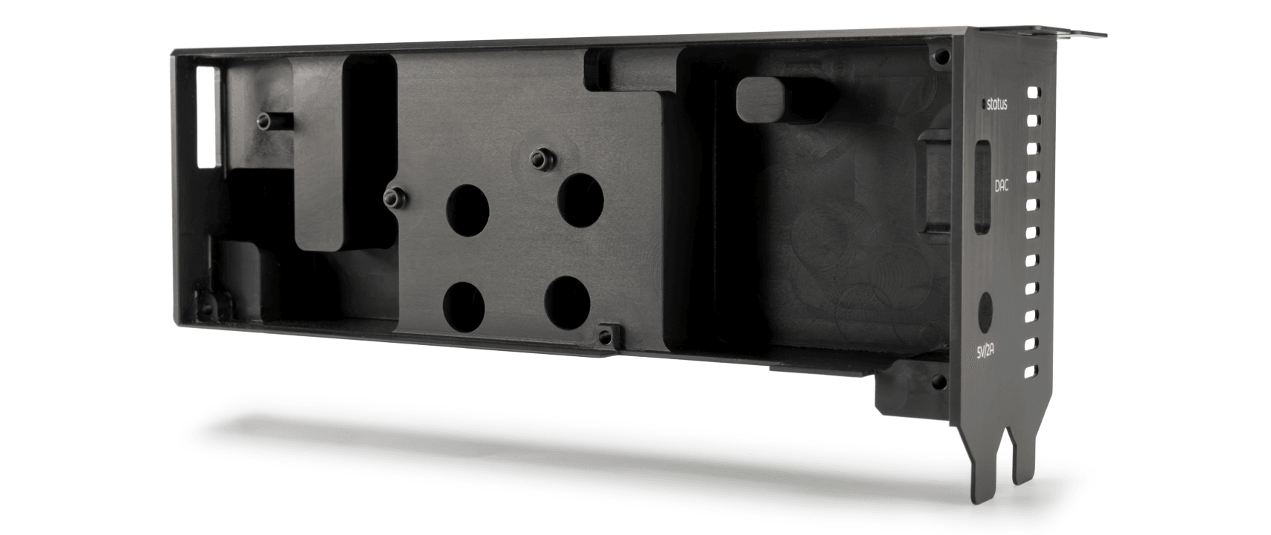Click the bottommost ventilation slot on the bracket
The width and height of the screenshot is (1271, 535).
coord(1031,371)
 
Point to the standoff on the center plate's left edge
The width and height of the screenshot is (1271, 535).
coord(392,197)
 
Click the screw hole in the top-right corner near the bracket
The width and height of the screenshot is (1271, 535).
coord(942,56)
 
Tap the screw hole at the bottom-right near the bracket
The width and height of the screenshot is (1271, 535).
coord(936,384)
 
